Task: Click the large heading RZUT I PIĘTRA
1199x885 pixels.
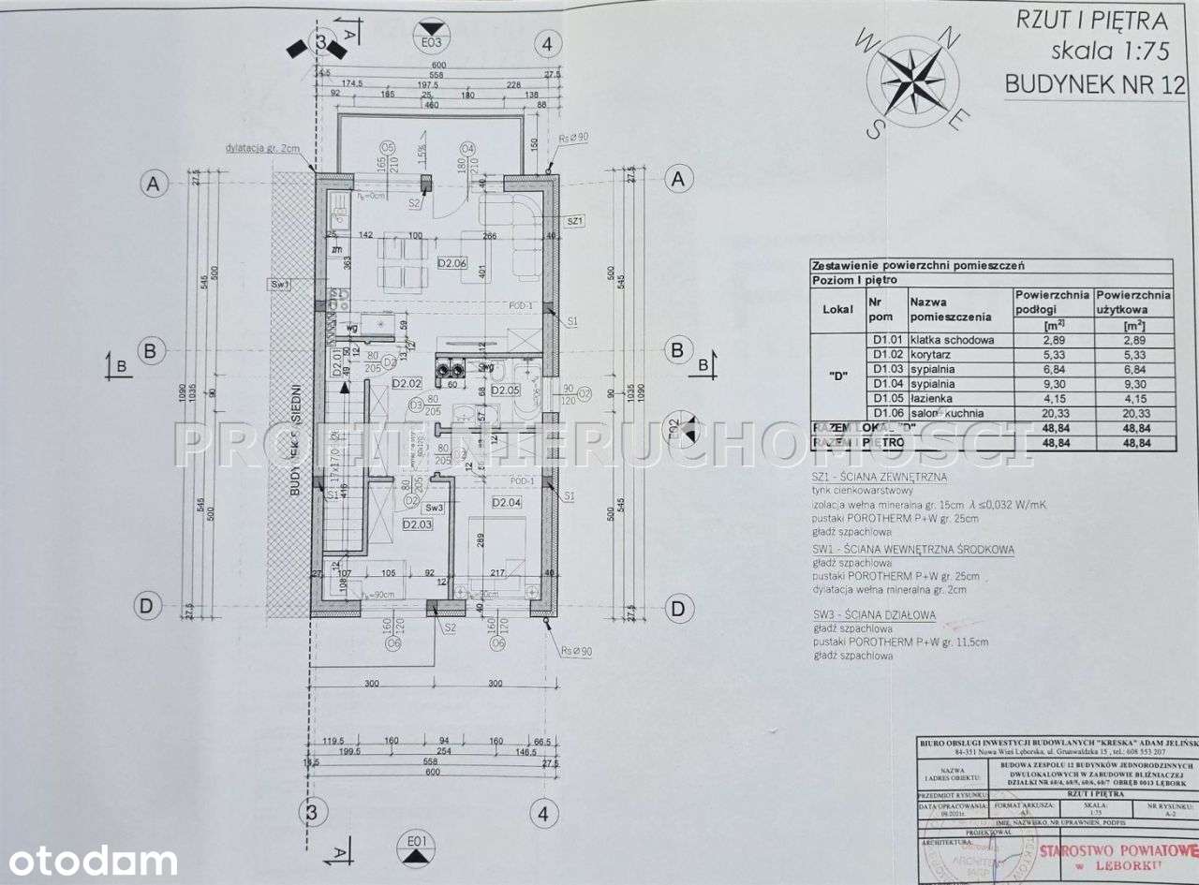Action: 1091,21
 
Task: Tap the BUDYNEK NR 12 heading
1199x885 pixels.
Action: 1094,84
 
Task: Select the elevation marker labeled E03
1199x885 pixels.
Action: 431,39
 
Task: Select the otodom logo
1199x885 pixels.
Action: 89,860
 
